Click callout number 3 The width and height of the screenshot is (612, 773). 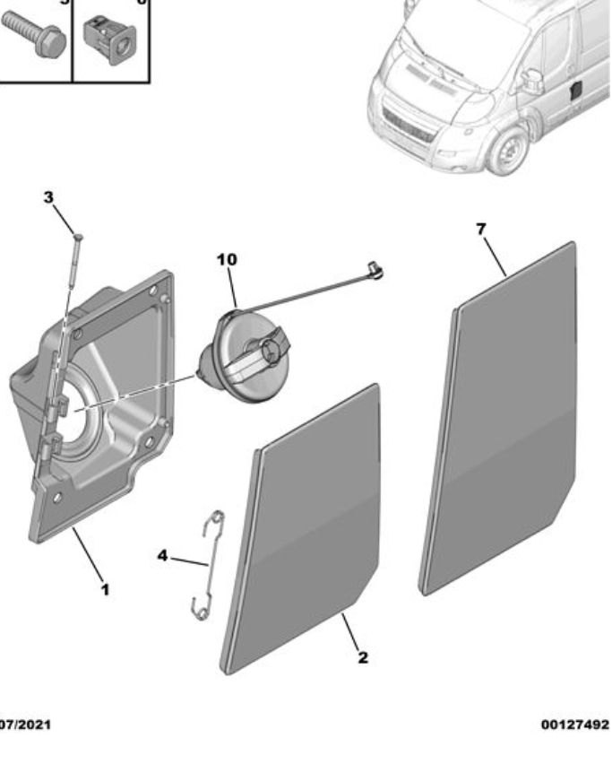49,196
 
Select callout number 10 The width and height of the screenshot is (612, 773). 227,259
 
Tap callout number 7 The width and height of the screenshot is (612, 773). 480,229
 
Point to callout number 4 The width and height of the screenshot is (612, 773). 162,556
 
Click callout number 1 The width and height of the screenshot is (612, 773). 105,589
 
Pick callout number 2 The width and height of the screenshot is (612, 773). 363,656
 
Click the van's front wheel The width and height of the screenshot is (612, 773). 507,152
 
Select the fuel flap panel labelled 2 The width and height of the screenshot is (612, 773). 300,529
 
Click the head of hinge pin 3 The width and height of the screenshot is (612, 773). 78,236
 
